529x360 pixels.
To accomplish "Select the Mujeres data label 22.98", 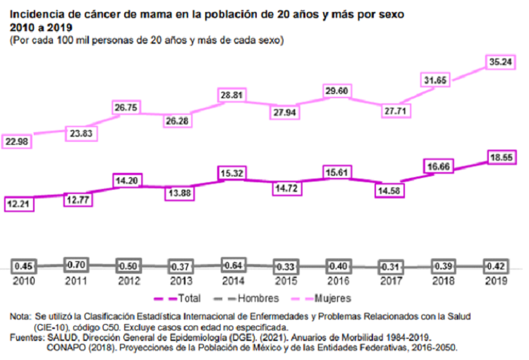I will pyautogui.click(x=21, y=141).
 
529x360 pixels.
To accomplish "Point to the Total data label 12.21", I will pyautogui.click(x=21, y=203).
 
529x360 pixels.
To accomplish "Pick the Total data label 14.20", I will pyautogui.click(x=127, y=180).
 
